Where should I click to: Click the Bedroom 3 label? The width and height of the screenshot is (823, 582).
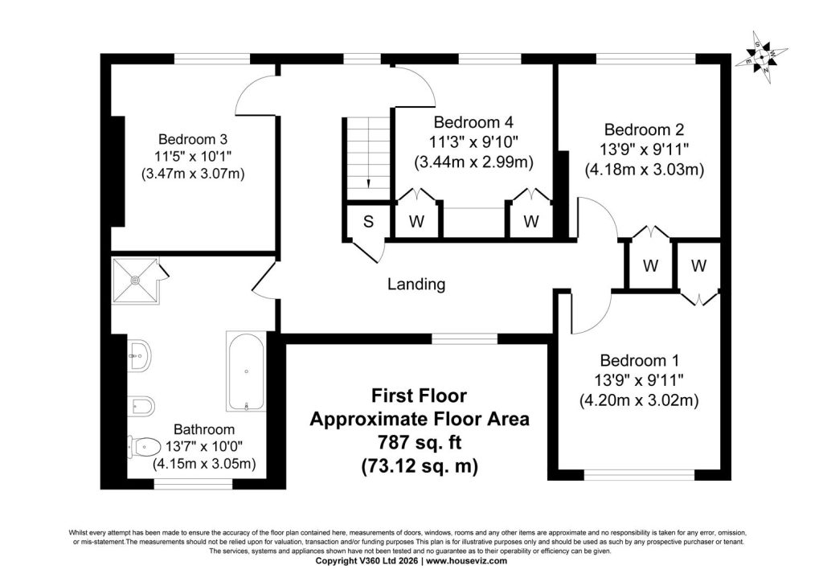193,139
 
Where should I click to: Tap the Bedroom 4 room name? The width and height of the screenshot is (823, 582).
473,122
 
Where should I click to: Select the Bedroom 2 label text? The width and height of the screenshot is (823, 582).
644,129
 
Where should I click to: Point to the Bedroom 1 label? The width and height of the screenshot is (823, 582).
639,361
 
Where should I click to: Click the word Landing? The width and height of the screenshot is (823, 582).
416,285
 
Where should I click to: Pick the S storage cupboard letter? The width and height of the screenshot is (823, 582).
368,221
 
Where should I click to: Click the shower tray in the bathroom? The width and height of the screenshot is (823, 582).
135,281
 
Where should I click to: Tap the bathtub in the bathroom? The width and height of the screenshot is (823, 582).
246,371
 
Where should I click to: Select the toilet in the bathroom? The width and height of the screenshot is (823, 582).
145,447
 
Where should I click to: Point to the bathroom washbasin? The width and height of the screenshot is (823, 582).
140,355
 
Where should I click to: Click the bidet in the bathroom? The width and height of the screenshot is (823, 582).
141,404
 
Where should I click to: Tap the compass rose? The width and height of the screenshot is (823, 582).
762,57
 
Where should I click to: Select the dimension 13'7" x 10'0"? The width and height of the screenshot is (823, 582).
204,447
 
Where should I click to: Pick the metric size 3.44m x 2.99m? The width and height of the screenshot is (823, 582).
474,162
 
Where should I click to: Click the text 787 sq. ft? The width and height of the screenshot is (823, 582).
420,442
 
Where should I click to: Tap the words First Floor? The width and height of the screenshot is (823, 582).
420,396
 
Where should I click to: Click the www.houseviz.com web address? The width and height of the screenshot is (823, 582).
467,560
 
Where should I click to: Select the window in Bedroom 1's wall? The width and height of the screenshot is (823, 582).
639,475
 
